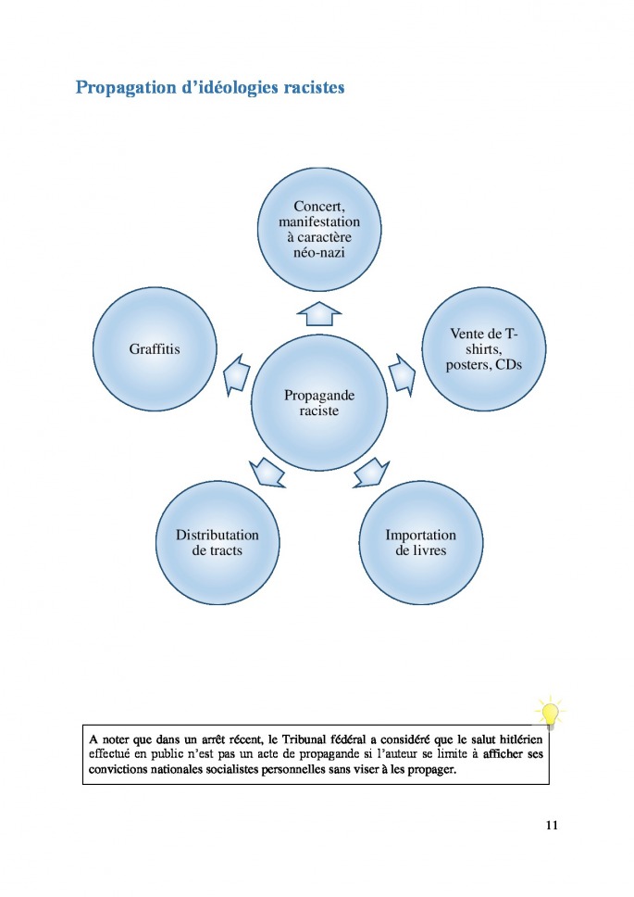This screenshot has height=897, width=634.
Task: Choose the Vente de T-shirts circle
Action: pos(484,349)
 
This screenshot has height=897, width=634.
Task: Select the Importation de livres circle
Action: pos(420,542)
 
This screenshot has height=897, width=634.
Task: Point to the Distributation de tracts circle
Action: pos(218,542)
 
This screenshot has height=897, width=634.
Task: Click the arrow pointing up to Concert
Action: pos(319,312)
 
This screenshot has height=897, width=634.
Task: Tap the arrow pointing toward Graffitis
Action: pos(237,374)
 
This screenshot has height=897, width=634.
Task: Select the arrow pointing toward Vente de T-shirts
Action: pos(402,374)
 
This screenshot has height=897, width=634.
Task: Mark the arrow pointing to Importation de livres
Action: pos(369,471)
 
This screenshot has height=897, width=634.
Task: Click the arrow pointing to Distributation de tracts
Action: pos(268,471)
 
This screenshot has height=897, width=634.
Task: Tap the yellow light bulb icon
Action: pos(550,714)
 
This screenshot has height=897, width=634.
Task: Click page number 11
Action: pos(551,824)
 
